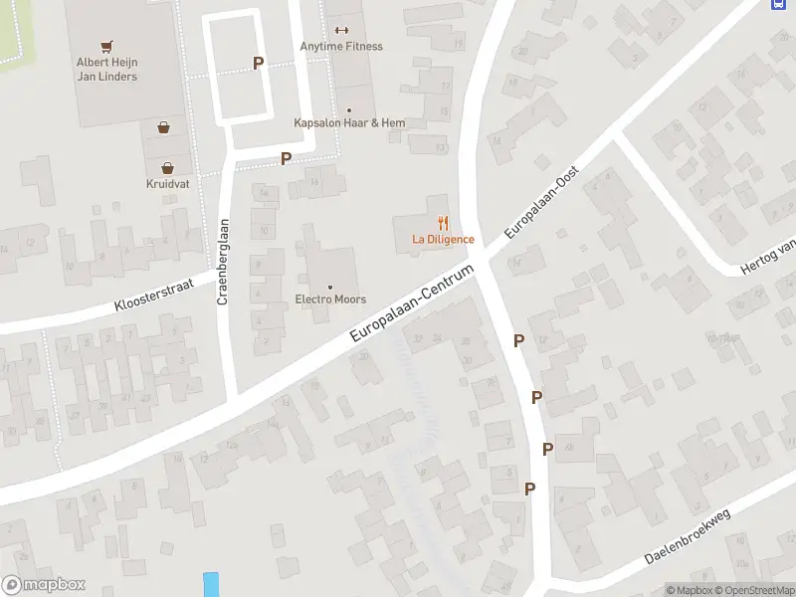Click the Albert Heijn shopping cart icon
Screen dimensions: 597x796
point(107,46)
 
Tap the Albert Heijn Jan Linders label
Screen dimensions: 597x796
point(107,69)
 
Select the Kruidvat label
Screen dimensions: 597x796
point(167,184)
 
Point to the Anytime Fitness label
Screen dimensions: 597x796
point(341,47)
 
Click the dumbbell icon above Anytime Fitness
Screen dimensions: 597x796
point(341,30)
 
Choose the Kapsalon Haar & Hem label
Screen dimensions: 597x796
point(349,123)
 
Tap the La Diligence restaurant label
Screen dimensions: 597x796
point(443,240)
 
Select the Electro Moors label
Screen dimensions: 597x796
point(330,299)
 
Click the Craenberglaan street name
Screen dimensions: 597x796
point(225,262)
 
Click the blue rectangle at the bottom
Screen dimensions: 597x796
point(210,584)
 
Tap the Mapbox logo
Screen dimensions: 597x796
point(44,585)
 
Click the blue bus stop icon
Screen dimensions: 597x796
point(778,4)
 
